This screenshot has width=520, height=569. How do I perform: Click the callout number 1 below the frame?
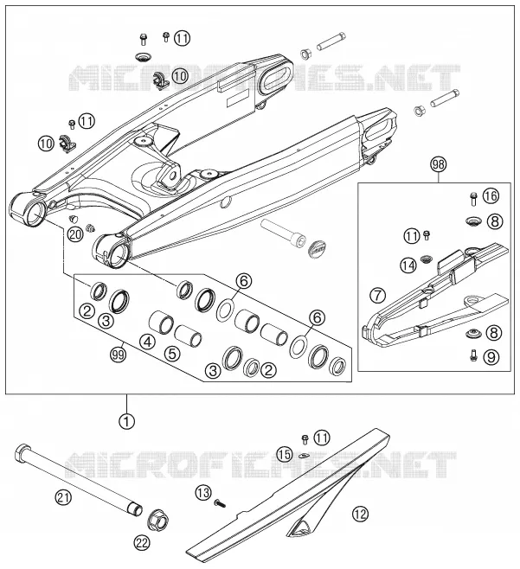coord(126,421)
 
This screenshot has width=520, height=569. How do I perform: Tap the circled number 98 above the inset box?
coord(439,164)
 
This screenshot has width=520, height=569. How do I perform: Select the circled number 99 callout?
coord(119,354)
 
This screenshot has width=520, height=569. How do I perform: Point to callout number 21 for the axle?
coord(63,497)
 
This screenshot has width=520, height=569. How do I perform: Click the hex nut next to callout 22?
coord(158,521)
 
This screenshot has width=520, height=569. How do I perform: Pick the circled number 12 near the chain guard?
coord(360,514)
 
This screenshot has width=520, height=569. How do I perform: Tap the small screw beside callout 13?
coord(220,503)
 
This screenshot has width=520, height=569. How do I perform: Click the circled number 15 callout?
coord(285,454)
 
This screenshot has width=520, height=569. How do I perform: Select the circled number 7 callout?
coord(378,296)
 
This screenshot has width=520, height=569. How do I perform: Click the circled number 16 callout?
coord(491,196)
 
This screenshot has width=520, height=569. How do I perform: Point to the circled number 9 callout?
coord(491,357)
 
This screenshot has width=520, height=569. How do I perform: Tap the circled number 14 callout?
coord(408,265)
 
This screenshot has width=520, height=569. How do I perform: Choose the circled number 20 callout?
coord(75,234)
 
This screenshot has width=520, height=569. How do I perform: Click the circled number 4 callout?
coord(147,342)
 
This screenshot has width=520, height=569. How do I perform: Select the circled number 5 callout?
coord(172,353)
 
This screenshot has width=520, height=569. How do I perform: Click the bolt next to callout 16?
coord(472,199)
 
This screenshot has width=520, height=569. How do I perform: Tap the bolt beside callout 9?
coord(473,355)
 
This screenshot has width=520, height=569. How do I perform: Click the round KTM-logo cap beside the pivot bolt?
coord(317,248)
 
